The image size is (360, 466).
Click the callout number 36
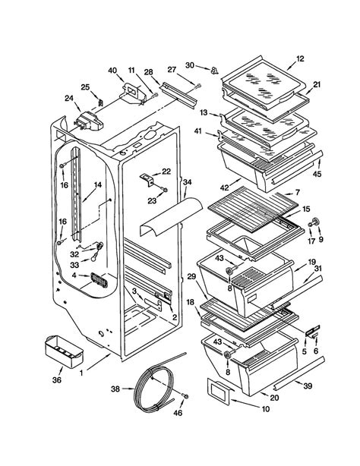57,379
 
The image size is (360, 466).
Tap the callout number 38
115,389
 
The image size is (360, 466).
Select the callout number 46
178,413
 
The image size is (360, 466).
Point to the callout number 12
300,58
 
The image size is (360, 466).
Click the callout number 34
187,182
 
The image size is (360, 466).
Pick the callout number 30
190,65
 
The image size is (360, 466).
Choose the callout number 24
69,98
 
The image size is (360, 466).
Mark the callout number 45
317,174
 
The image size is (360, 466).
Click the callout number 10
265,409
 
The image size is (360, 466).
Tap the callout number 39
308,386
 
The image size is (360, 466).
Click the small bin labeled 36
64,351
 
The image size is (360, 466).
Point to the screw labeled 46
185,396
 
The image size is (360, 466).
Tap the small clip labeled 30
214,71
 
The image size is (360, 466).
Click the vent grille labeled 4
99,280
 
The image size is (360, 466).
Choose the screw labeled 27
198,87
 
